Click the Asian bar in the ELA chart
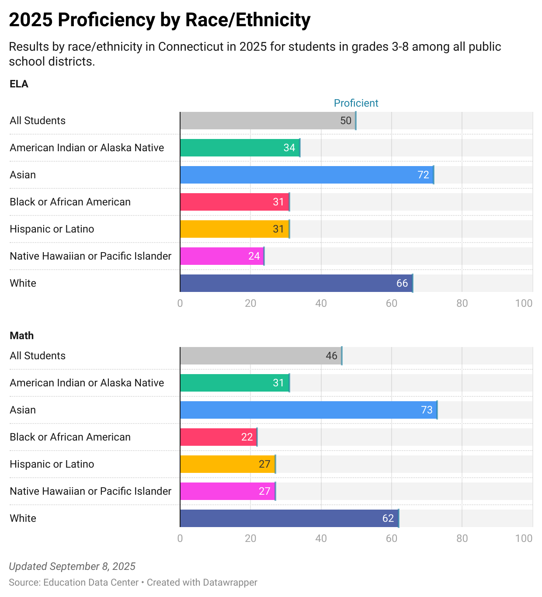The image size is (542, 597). (297, 175)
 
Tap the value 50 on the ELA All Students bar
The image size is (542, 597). (346, 121)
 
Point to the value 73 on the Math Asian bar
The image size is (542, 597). (427, 410)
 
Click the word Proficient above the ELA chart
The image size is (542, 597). (356, 103)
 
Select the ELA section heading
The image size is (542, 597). (19, 84)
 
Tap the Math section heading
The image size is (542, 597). (21, 336)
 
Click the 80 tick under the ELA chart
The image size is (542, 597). (462, 303)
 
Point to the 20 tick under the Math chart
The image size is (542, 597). (250, 538)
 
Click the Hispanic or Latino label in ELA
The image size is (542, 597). (52, 229)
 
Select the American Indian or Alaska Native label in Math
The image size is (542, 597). (87, 383)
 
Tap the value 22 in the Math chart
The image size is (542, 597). (247, 437)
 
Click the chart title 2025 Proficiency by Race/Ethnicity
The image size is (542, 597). (160, 20)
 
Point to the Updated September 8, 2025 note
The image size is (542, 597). (72, 566)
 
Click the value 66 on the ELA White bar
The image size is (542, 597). (402, 283)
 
